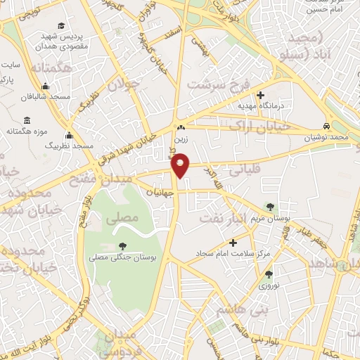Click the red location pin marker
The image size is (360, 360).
point(181,166)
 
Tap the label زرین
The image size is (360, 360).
point(181,139)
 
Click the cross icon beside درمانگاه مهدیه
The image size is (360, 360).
point(261,96)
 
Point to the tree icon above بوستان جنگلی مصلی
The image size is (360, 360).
point(123,246)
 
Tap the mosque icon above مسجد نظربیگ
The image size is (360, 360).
point(69,136)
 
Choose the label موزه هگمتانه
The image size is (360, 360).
point(27,131)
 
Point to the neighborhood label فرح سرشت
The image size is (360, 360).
point(218,84)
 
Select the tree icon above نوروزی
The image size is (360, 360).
point(268,274)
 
